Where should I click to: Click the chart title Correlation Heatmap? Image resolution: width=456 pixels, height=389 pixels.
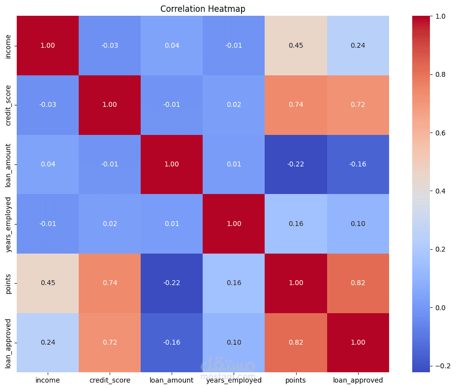pyautogui.click(x=203, y=9)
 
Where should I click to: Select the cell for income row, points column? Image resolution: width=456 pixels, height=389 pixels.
pyautogui.click(x=296, y=46)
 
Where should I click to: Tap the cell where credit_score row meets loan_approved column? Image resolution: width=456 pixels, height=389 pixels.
pyautogui.click(x=358, y=105)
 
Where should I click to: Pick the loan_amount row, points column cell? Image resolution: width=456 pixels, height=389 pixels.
pyautogui.click(x=296, y=164)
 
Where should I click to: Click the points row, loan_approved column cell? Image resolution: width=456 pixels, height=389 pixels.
pyautogui.click(x=358, y=283)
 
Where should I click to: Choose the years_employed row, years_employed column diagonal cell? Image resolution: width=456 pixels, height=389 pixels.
pyautogui.click(x=234, y=224)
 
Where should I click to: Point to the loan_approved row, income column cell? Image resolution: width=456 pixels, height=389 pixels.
pyautogui.click(x=48, y=343)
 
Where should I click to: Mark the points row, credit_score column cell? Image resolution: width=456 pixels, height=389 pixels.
pyautogui.click(x=110, y=283)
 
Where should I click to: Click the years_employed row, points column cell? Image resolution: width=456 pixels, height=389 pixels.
pyautogui.click(x=296, y=224)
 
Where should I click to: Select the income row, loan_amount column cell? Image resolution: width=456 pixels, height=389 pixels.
pyautogui.click(x=172, y=46)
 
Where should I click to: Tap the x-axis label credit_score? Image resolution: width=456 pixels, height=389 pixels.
pyautogui.click(x=110, y=381)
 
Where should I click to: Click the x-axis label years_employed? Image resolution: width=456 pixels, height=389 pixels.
pyautogui.click(x=234, y=381)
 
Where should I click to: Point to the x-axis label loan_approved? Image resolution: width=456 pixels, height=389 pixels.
pyautogui.click(x=358, y=381)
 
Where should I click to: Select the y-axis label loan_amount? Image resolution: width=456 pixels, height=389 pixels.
pyautogui.click(x=8, y=164)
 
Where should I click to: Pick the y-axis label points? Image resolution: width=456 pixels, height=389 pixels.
pyautogui.click(x=8, y=283)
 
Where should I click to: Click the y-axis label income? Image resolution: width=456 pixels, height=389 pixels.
pyautogui.click(x=8, y=46)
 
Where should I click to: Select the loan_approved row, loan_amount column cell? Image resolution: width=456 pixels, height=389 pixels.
pyautogui.click(x=172, y=343)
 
